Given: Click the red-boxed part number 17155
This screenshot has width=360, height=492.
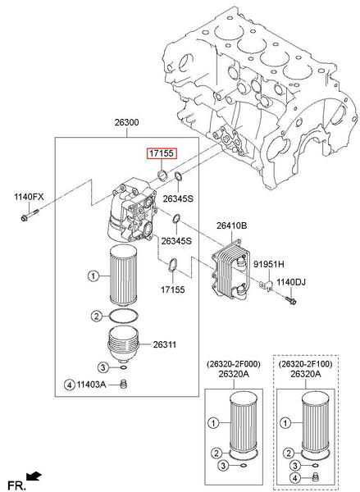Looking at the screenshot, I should point(161,153).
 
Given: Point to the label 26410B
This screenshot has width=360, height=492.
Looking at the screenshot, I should point(232,225).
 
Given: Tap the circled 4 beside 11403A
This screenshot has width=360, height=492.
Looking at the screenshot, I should point(71,384).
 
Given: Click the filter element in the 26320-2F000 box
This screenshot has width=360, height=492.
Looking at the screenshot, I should point(240,423).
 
